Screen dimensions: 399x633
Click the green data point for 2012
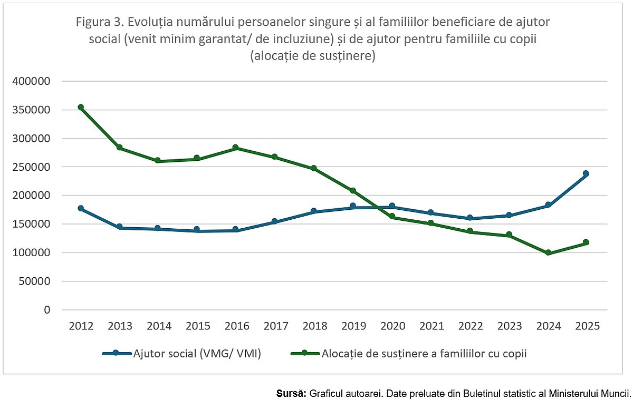(81, 108)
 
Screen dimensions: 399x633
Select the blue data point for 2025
(586, 173)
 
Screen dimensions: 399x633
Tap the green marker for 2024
(549, 253)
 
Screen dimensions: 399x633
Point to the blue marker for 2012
(81, 209)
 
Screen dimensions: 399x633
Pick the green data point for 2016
(236, 148)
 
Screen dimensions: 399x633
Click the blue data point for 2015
(197, 229)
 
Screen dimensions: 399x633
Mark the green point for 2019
(353, 191)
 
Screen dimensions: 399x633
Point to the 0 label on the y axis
(47, 310)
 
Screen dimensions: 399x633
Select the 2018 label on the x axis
(314, 326)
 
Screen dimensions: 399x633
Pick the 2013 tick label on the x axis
(119, 326)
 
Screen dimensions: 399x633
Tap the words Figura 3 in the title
(101, 23)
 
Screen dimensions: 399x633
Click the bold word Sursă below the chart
(291, 394)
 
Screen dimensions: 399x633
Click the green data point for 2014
(158, 161)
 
